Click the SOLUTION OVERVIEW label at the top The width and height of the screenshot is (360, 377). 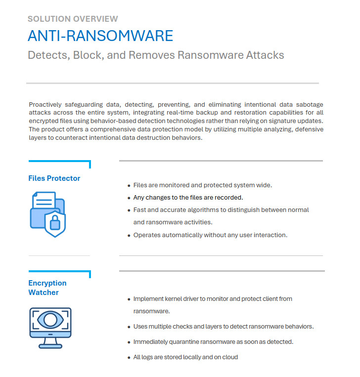pyautogui.click(x=73, y=19)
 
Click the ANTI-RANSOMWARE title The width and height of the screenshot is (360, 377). pyautogui.click(x=100, y=36)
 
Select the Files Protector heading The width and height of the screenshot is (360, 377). pyautogui.click(x=54, y=178)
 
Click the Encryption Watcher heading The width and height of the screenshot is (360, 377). pyautogui.click(x=47, y=288)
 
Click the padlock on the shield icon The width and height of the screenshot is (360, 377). pyautogui.click(x=55, y=223)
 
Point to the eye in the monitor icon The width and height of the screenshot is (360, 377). pyautogui.click(x=50, y=320)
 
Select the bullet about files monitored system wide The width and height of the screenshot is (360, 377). pyautogui.click(x=203, y=185)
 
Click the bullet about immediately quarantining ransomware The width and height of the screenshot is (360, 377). pyautogui.click(x=214, y=342)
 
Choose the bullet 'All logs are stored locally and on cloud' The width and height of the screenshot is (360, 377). pyautogui.click(x=185, y=357)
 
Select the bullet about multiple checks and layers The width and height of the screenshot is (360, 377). pyautogui.click(x=224, y=327)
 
